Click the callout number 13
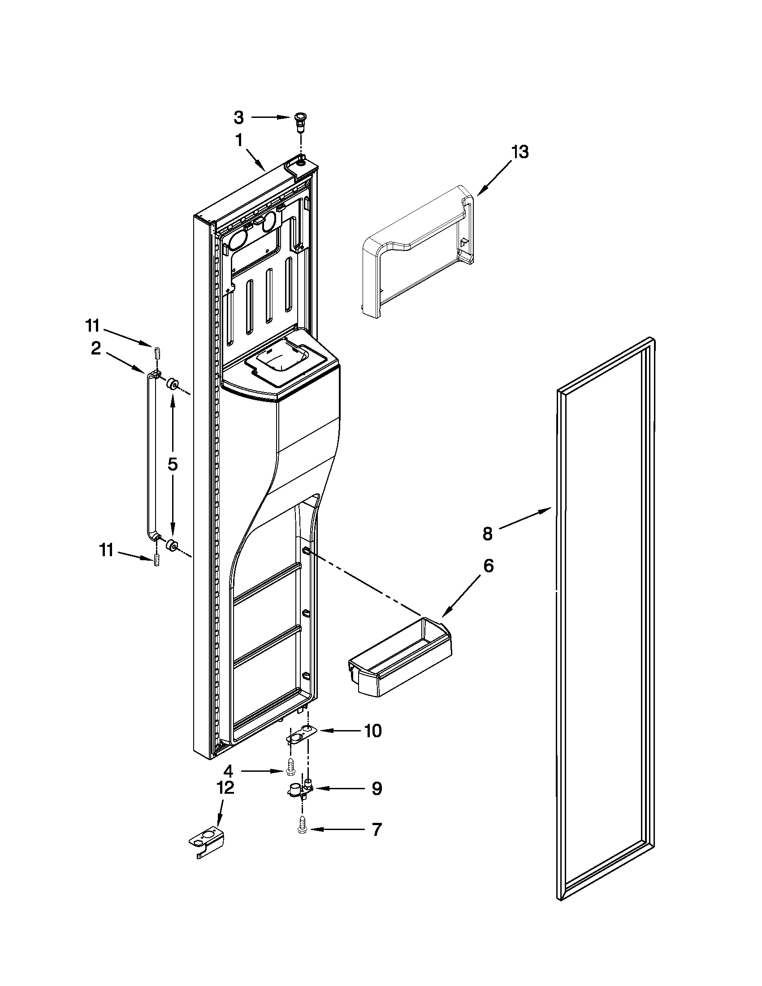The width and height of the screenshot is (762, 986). click(520, 152)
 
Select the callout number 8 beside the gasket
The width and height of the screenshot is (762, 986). click(487, 534)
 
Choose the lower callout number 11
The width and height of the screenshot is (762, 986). click(106, 551)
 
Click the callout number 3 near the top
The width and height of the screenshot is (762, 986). click(238, 118)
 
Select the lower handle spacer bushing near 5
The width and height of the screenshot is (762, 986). click(172, 545)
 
